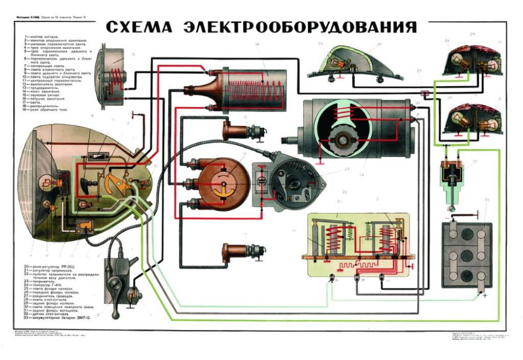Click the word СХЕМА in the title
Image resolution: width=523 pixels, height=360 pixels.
(x=137, y=27)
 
